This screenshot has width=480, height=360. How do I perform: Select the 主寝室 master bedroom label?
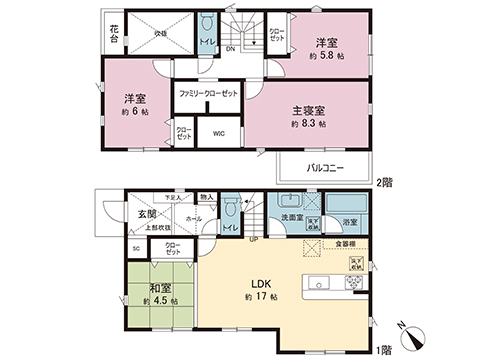click(309, 111)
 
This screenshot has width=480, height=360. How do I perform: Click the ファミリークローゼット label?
click(208, 92)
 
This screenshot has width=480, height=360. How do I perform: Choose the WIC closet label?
click(218, 130)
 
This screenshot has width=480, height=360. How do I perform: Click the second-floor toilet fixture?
click(206, 23)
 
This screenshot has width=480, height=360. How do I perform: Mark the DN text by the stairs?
click(230, 48)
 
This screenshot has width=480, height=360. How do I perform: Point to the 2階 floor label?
click(383, 182)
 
